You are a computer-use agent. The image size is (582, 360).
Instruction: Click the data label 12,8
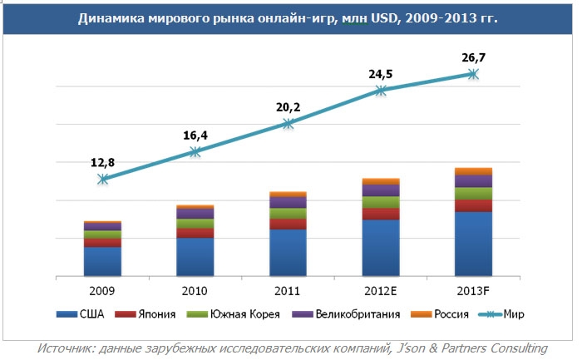102,162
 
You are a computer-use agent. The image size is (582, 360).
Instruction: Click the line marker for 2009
102,179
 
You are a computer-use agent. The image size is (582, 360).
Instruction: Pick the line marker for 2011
288,123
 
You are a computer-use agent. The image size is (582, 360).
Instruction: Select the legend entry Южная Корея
237,314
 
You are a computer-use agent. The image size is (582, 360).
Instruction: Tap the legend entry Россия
446,314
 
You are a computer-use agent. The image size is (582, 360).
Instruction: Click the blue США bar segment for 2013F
474,244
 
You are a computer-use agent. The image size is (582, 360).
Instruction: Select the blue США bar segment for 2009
102,261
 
